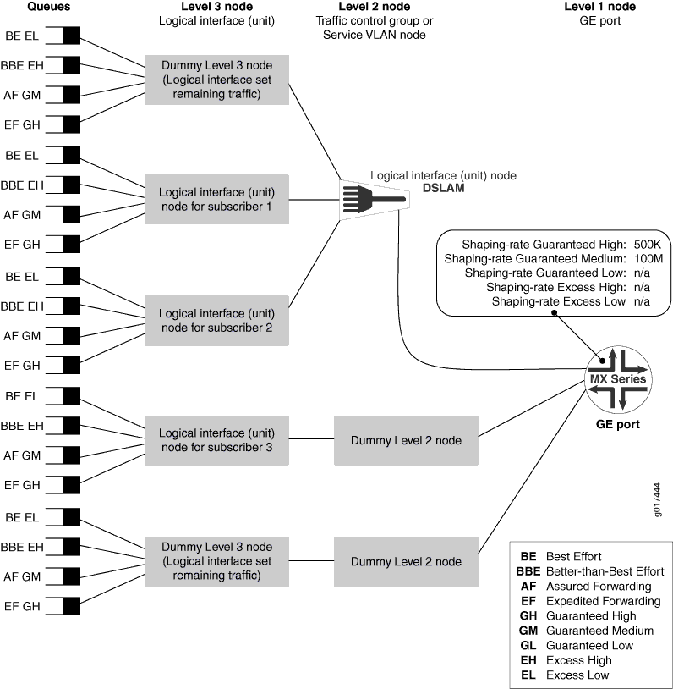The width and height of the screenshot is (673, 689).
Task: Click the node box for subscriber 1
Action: [x=216, y=200]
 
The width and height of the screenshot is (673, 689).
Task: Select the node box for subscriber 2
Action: [x=216, y=320]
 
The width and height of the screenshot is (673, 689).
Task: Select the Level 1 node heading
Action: [x=599, y=7]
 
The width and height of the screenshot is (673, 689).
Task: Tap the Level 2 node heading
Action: [x=375, y=7]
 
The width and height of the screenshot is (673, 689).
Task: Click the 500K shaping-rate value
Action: [x=647, y=244]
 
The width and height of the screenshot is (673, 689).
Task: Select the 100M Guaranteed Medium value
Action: [x=647, y=258]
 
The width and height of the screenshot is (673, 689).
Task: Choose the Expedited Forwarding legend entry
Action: [x=590, y=601]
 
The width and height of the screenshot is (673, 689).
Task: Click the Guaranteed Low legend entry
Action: [x=587, y=645]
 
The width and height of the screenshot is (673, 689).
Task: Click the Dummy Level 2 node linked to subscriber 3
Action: [x=406, y=440]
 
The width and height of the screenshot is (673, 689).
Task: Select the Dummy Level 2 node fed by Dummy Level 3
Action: [x=406, y=561]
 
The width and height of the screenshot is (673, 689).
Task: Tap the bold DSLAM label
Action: [x=443, y=189]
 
